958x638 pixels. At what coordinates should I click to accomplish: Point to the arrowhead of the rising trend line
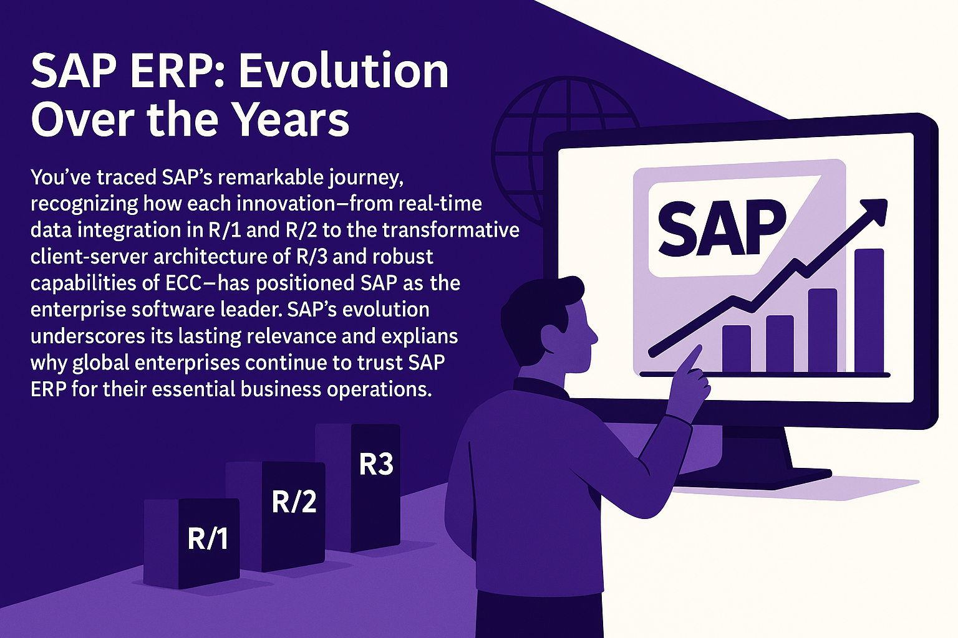click(x=873, y=214)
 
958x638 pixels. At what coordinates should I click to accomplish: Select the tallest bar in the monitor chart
click(x=869, y=311)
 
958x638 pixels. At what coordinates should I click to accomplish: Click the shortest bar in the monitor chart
click(x=737, y=349)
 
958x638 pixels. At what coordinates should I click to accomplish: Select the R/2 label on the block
click(x=294, y=502)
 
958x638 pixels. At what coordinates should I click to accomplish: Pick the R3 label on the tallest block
click(x=376, y=465)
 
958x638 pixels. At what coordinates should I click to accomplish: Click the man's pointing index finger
click(x=689, y=359)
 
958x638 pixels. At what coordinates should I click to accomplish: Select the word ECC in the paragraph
click(x=183, y=283)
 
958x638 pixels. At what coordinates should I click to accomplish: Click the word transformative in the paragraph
click(x=451, y=231)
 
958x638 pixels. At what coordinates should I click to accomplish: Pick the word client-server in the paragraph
click(x=88, y=257)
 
